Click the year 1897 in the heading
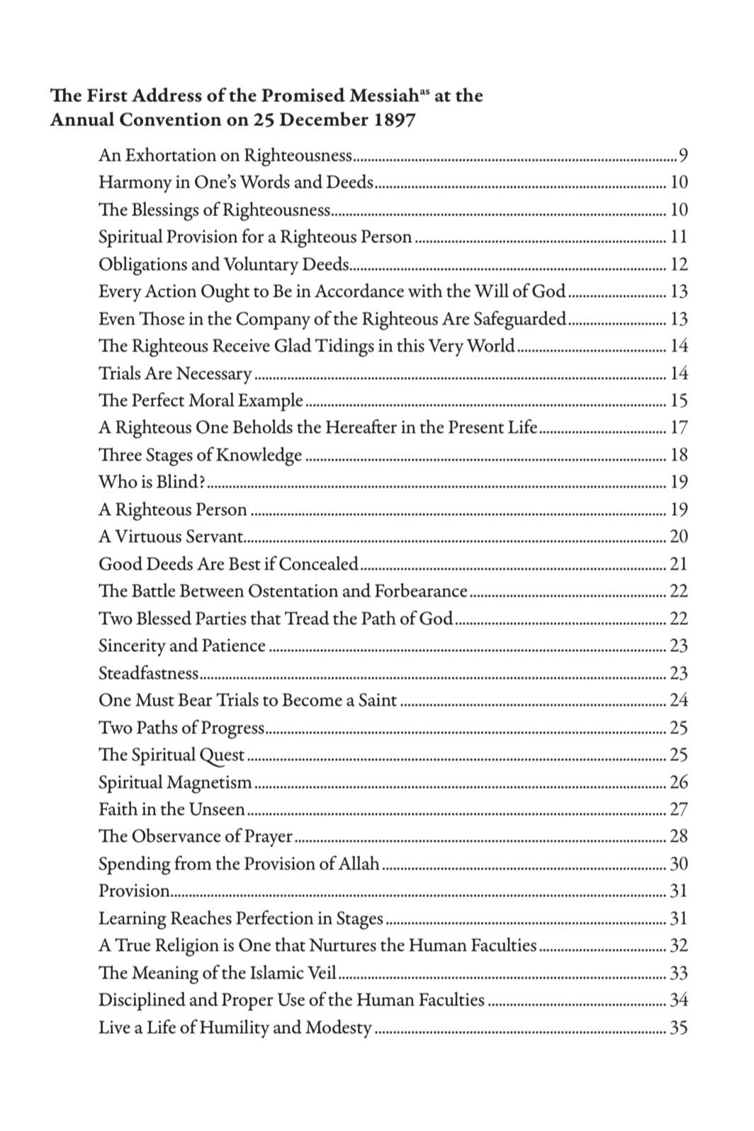(391, 119)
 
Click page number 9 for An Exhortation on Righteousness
(683, 155)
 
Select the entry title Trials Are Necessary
(175, 373)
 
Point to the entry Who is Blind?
(152, 482)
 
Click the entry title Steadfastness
(148, 673)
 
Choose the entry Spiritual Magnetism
(175, 782)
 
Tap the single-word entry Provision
(134, 891)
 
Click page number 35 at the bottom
(678, 1028)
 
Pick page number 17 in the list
(678, 427)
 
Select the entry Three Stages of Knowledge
(200, 455)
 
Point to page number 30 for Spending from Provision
(678, 864)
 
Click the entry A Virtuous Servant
(171, 536)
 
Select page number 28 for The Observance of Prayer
(678, 836)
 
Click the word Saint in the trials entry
(378, 700)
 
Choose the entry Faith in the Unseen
(171, 809)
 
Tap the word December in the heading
(322, 119)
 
